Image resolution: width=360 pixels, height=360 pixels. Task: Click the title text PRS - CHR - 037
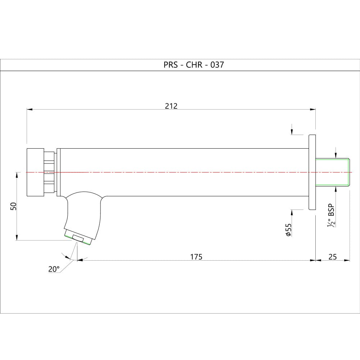194,65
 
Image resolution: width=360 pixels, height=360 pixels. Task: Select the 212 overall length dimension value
171,106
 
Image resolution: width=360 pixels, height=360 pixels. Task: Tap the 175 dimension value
196,257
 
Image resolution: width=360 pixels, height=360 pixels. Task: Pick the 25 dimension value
332,257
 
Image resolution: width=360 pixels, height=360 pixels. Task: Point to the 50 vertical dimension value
13,206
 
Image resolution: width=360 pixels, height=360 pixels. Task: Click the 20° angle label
54,269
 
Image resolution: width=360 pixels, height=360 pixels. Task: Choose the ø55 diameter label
288,230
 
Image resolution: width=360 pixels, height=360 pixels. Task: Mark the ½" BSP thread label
331,215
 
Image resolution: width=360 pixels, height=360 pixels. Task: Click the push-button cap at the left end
35,172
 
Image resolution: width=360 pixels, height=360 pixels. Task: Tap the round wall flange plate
312,172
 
